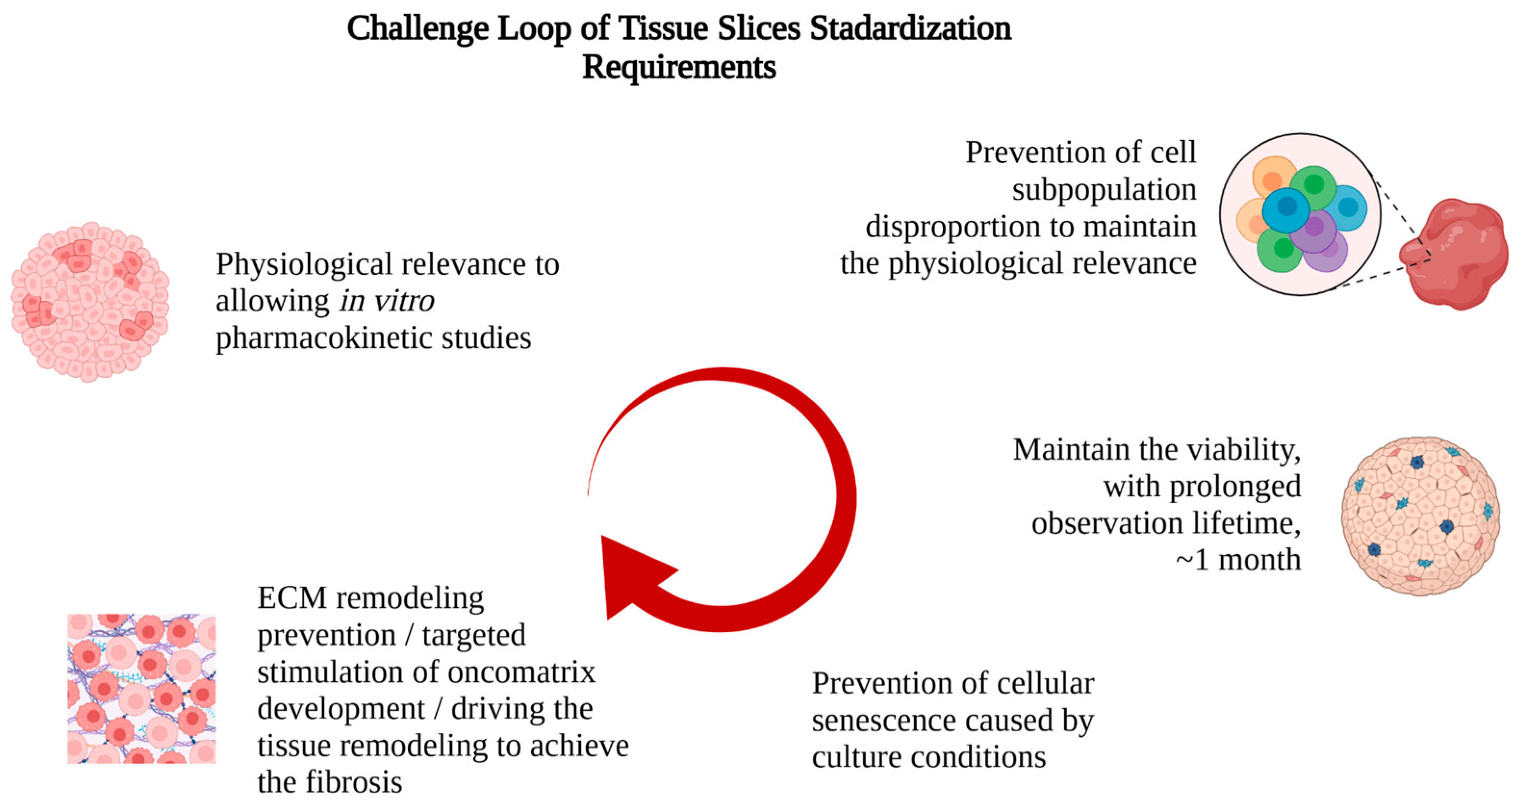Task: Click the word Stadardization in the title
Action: coord(910,28)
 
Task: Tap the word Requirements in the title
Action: coord(679,67)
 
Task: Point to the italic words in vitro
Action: coord(387,301)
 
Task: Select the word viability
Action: coord(1243,450)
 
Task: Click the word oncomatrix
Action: coord(520,672)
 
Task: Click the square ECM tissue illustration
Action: coord(142,689)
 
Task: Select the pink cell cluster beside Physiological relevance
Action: coord(90,302)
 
